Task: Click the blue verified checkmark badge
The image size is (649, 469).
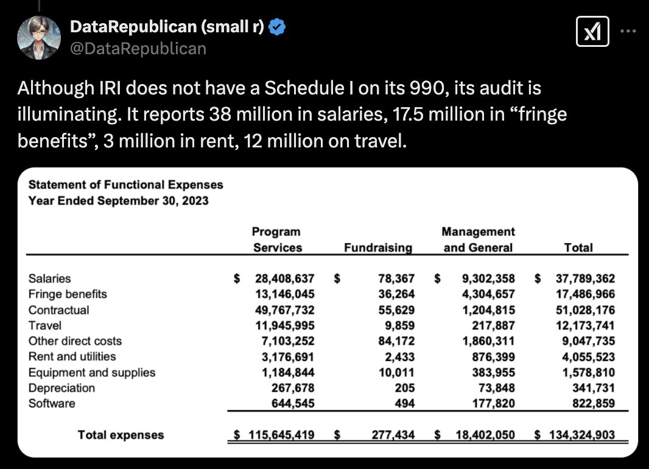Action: click(278, 27)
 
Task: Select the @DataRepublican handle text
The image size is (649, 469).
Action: click(138, 48)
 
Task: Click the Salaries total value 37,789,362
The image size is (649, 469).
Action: click(585, 279)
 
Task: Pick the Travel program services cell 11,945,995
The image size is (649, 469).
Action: click(285, 325)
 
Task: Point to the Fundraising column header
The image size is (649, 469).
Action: click(377, 248)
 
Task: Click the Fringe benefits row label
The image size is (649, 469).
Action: click(68, 294)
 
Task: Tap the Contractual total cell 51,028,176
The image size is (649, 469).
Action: click(585, 310)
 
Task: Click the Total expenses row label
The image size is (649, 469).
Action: click(121, 435)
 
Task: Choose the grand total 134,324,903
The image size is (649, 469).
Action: click(582, 435)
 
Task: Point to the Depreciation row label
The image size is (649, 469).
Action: click(61, 388)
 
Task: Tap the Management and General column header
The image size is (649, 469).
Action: click(478, 239)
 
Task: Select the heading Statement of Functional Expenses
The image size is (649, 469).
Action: click(126, 185)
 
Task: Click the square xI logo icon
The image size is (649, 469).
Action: click(593, 31)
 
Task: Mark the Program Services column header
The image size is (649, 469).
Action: click(277, 239)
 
